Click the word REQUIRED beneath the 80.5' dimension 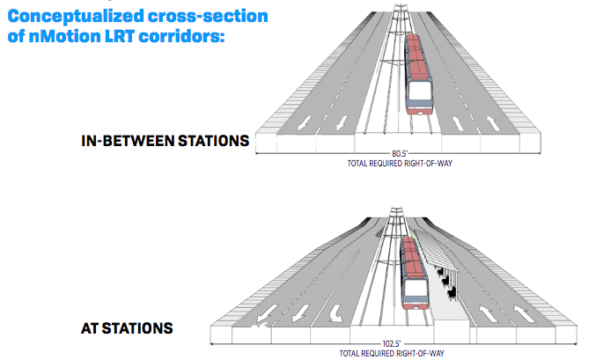coord(383,164)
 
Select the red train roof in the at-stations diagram coord(411,257)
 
